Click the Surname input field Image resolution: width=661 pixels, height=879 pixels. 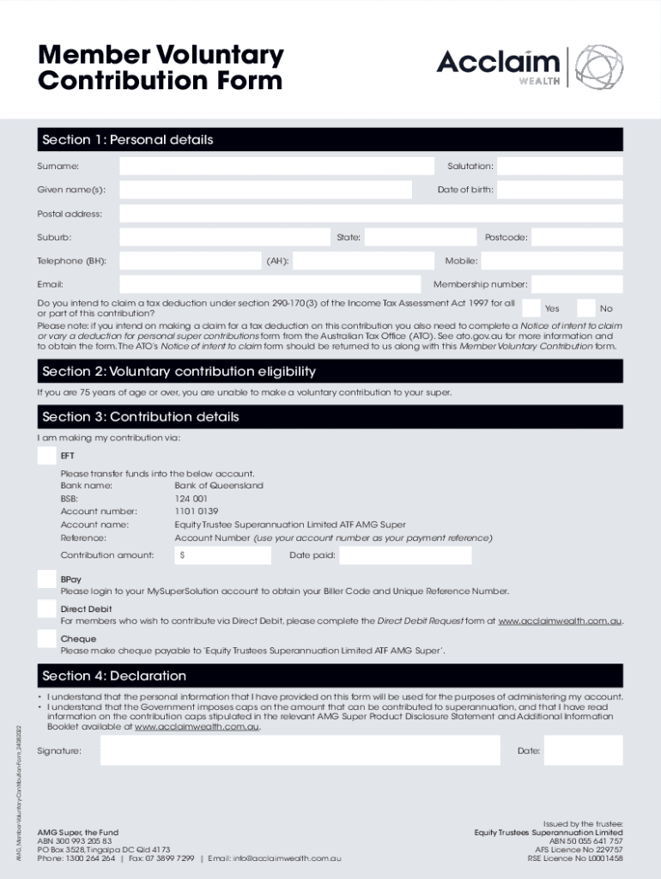(x=276, y=166)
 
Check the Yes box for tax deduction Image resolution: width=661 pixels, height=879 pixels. (x=531, y=307)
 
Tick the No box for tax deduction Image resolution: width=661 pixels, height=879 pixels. (x=586, y=307)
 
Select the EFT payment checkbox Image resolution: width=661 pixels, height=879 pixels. (x=47, y=456)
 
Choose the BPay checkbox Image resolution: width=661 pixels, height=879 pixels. (x=47, y=579)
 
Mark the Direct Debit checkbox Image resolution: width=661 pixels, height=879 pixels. (x=47, y=609)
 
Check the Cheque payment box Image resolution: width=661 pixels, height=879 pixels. (x=47, y=639)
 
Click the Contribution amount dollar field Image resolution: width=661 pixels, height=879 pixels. (x=225, y=555)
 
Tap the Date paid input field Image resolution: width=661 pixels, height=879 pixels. (x=405, y=555)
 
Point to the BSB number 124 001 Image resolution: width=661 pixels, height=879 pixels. (x=191, y=499)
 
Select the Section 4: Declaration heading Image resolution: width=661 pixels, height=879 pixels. (x=114, y=676)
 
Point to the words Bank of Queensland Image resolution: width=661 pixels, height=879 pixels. (x=219, y=486)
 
